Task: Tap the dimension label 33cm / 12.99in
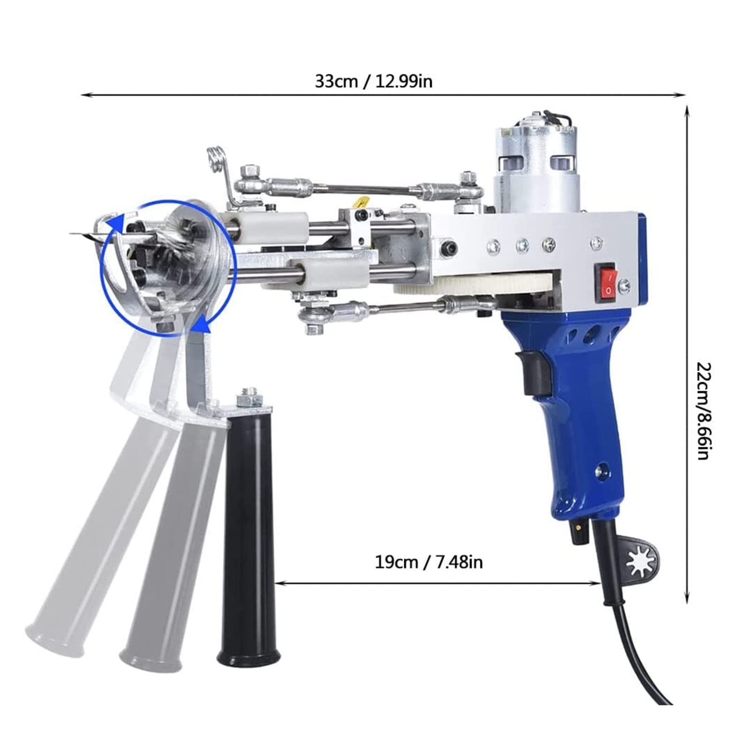pos(373,81)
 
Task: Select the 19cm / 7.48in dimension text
pos(429,562)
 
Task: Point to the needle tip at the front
pos(70,233)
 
